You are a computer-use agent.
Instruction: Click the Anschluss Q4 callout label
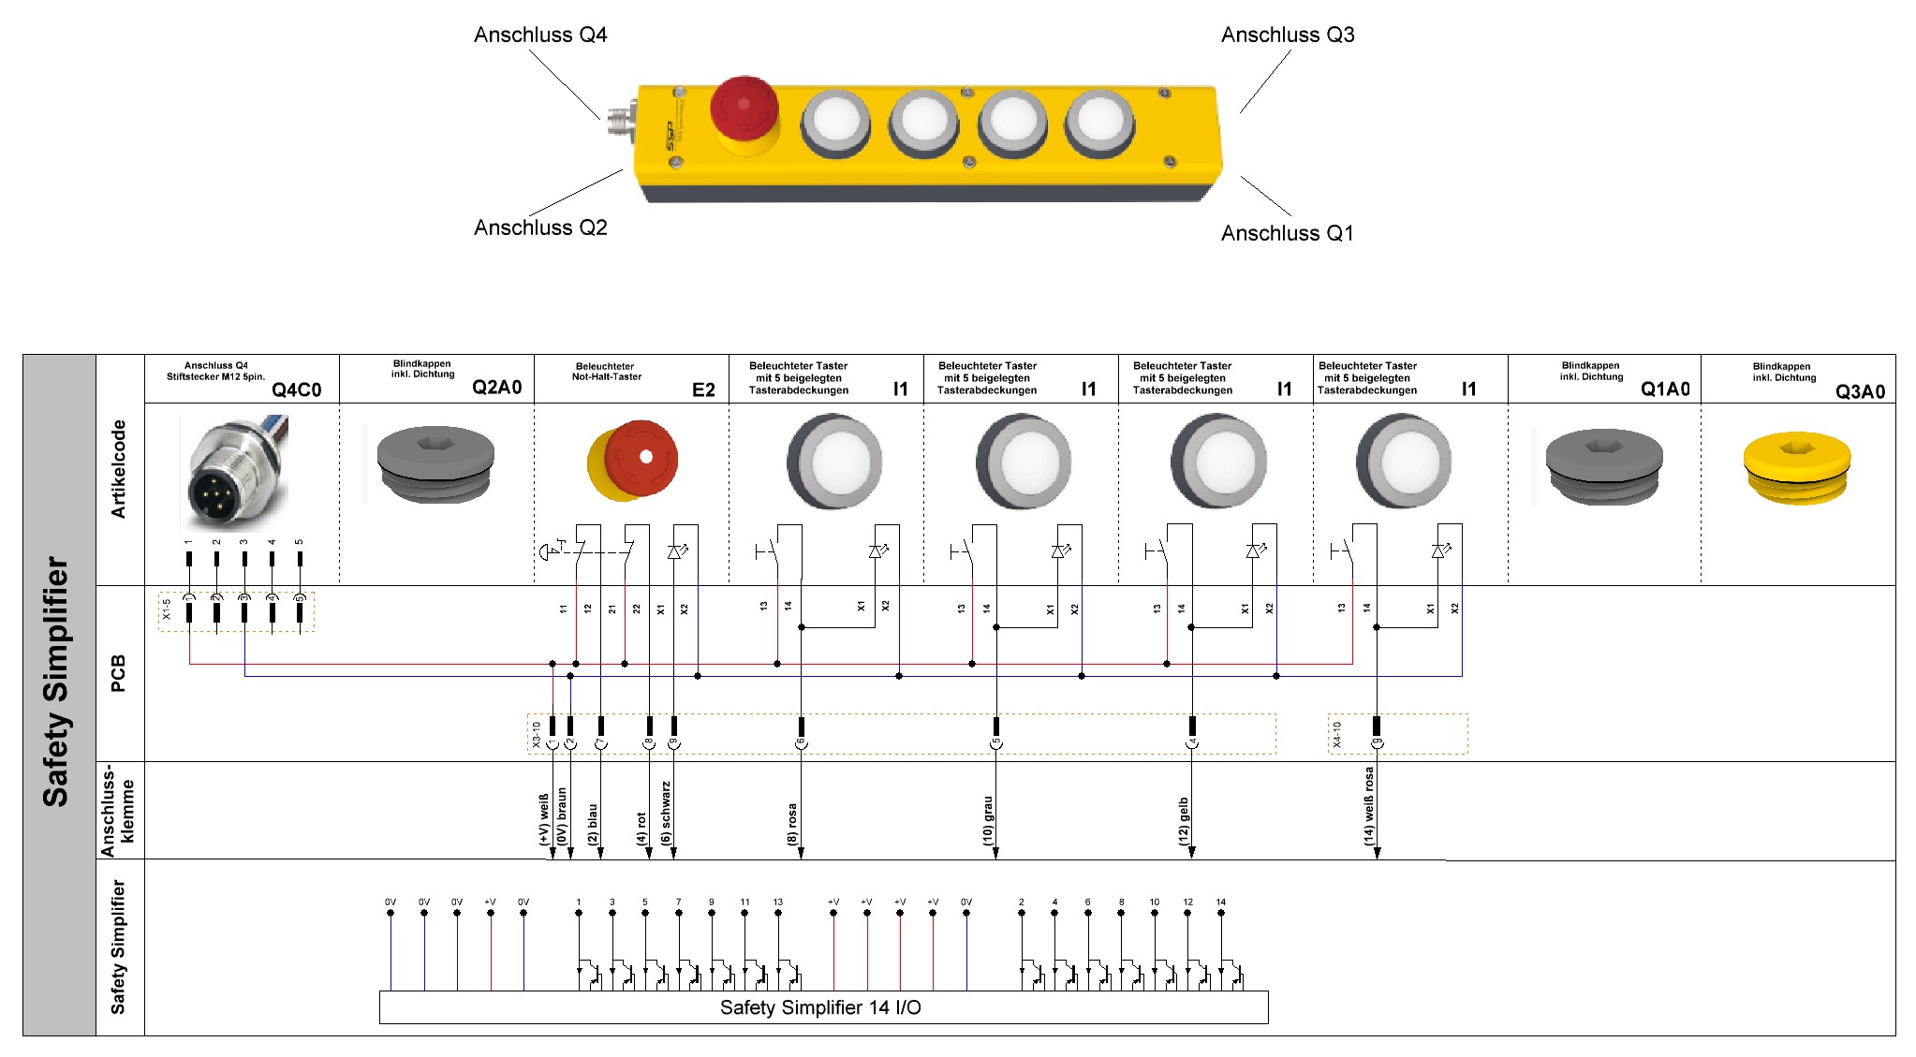coord(540,36)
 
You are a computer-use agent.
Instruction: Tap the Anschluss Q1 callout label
coord(1287,233)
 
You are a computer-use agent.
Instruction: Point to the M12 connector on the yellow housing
coord(619,122)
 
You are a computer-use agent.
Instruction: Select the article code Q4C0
coord(296,389)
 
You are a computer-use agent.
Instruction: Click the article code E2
coord(703,389)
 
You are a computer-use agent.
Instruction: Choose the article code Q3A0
coord(1860,391)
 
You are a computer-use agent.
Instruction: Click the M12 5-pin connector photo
coord(234,474)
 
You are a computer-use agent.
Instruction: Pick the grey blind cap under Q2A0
coord(435,464)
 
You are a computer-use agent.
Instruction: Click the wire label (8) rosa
coord(792,824)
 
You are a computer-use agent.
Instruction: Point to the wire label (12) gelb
coord(1184,821)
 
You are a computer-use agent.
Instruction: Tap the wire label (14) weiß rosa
coord(1369,806)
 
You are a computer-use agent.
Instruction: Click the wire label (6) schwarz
coord(666,813)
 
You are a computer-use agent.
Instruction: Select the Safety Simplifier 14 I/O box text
coord(820,1007)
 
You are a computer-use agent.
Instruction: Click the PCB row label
coord(118,673)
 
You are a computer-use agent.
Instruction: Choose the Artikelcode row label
coord(118,469)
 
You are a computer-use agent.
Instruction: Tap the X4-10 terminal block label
coord(1337,734)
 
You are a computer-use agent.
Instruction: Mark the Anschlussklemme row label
coord(118,811)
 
